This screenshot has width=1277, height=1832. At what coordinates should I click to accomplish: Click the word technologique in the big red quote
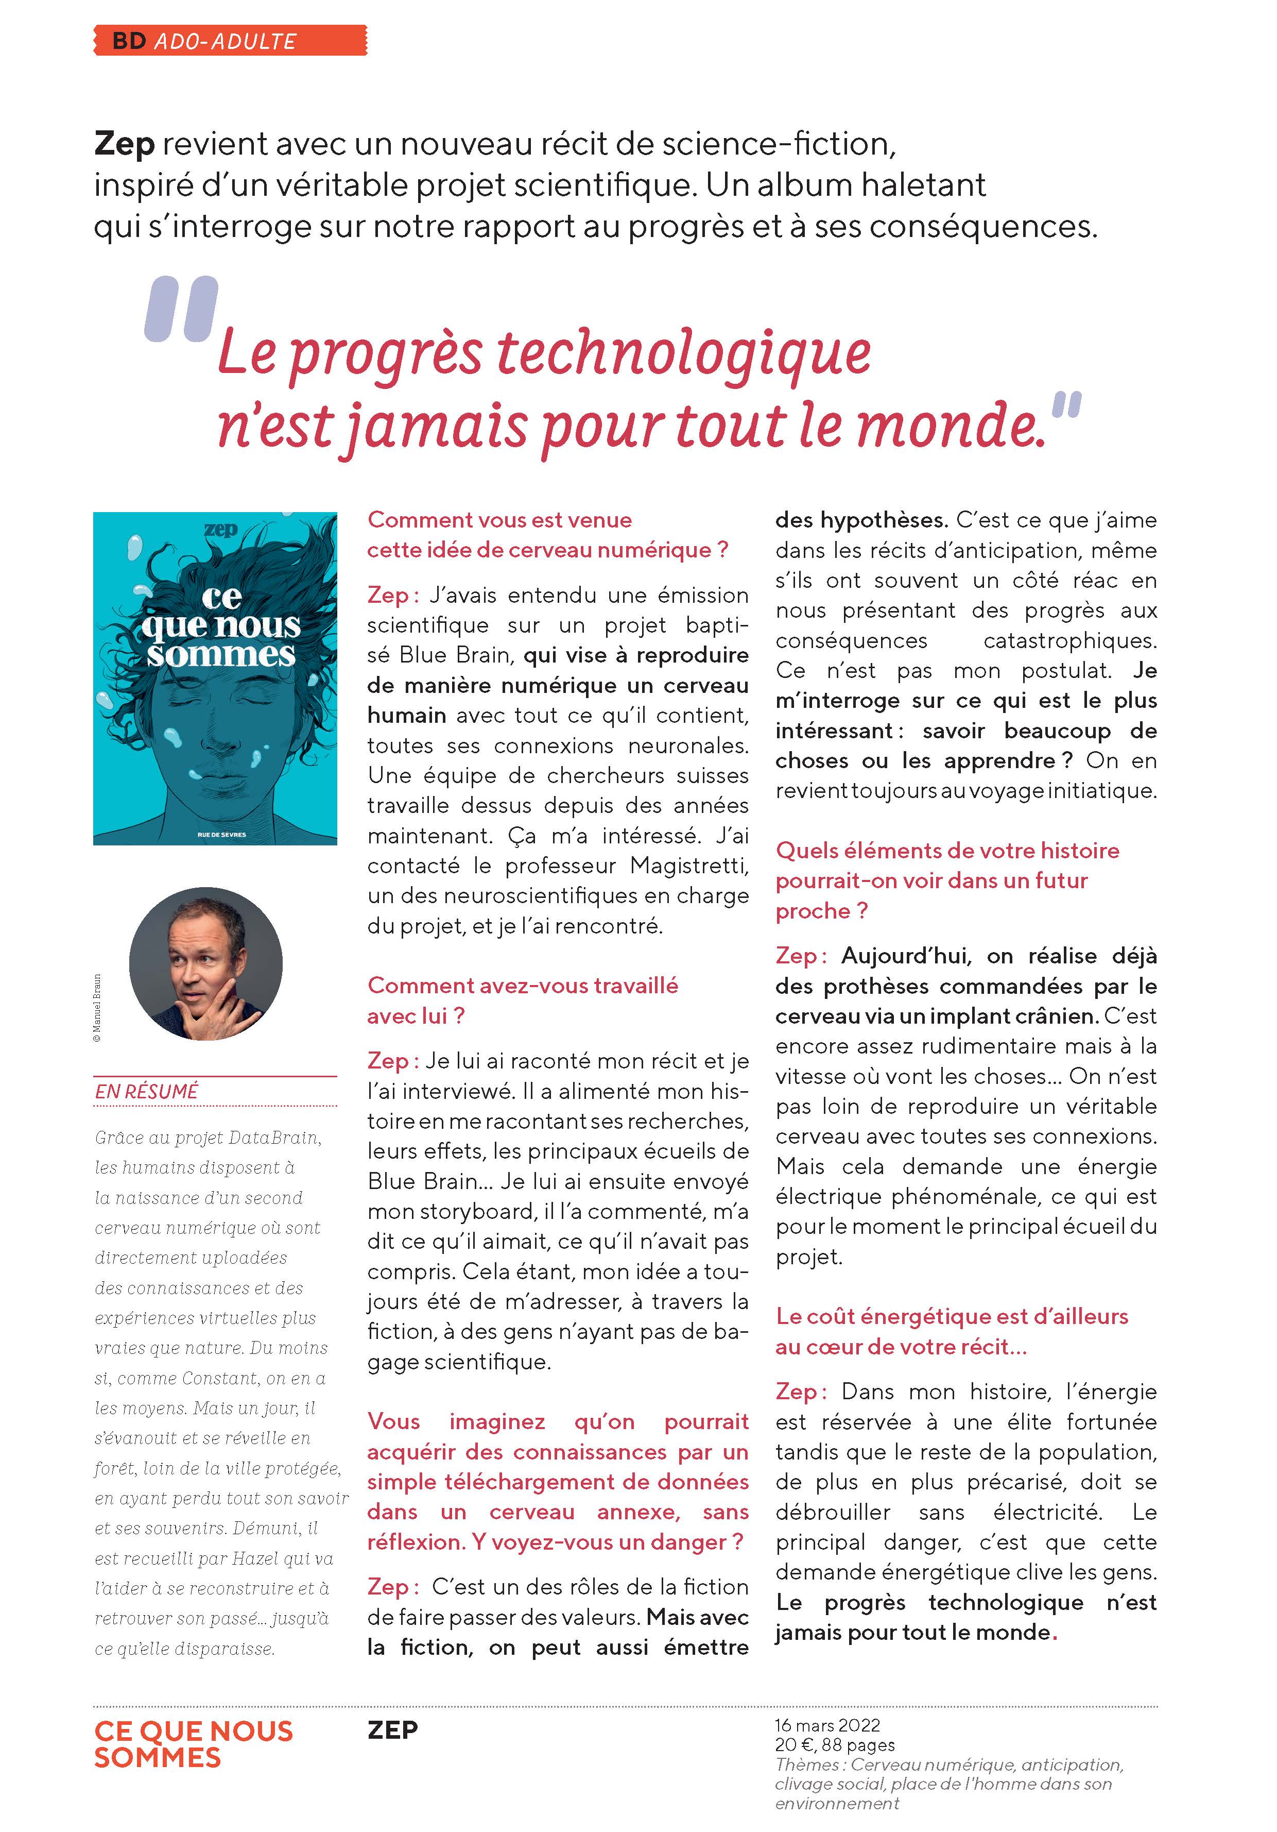(x=683, y=353)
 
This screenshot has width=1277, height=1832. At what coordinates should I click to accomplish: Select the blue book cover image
(x=215, y=678)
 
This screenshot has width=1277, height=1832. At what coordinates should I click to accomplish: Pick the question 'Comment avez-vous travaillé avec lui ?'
(x=523, y=1000)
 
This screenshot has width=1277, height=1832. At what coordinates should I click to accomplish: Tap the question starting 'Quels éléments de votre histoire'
(x=947, y=880)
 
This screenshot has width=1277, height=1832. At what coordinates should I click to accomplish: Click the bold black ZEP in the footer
(x=392, y=1730)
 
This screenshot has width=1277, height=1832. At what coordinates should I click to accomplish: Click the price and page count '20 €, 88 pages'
(x=834, y=1745)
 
